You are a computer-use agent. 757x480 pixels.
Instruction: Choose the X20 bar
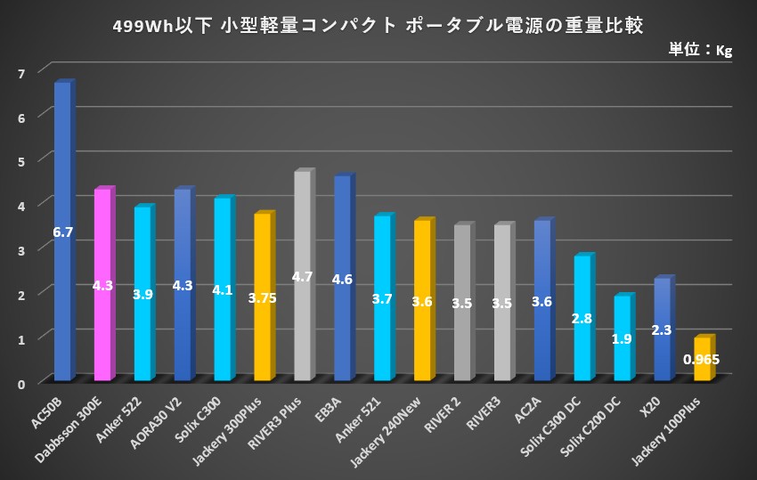[x=662, y=303]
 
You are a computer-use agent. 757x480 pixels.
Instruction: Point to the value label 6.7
[x=62, y=232]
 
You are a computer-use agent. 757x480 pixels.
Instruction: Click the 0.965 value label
[x=702, y=360]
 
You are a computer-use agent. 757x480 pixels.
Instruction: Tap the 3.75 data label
[x=262, y=298]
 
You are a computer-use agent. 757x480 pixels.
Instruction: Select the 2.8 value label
[x=582, y=318]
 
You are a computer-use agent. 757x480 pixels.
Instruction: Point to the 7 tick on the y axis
[x=20, y=71]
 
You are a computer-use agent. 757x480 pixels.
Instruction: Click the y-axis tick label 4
[x=20, y=204]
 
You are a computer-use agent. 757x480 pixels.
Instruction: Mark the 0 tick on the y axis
[x=20, y=382]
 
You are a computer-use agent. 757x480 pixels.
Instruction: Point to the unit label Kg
[x=724, y=51]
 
